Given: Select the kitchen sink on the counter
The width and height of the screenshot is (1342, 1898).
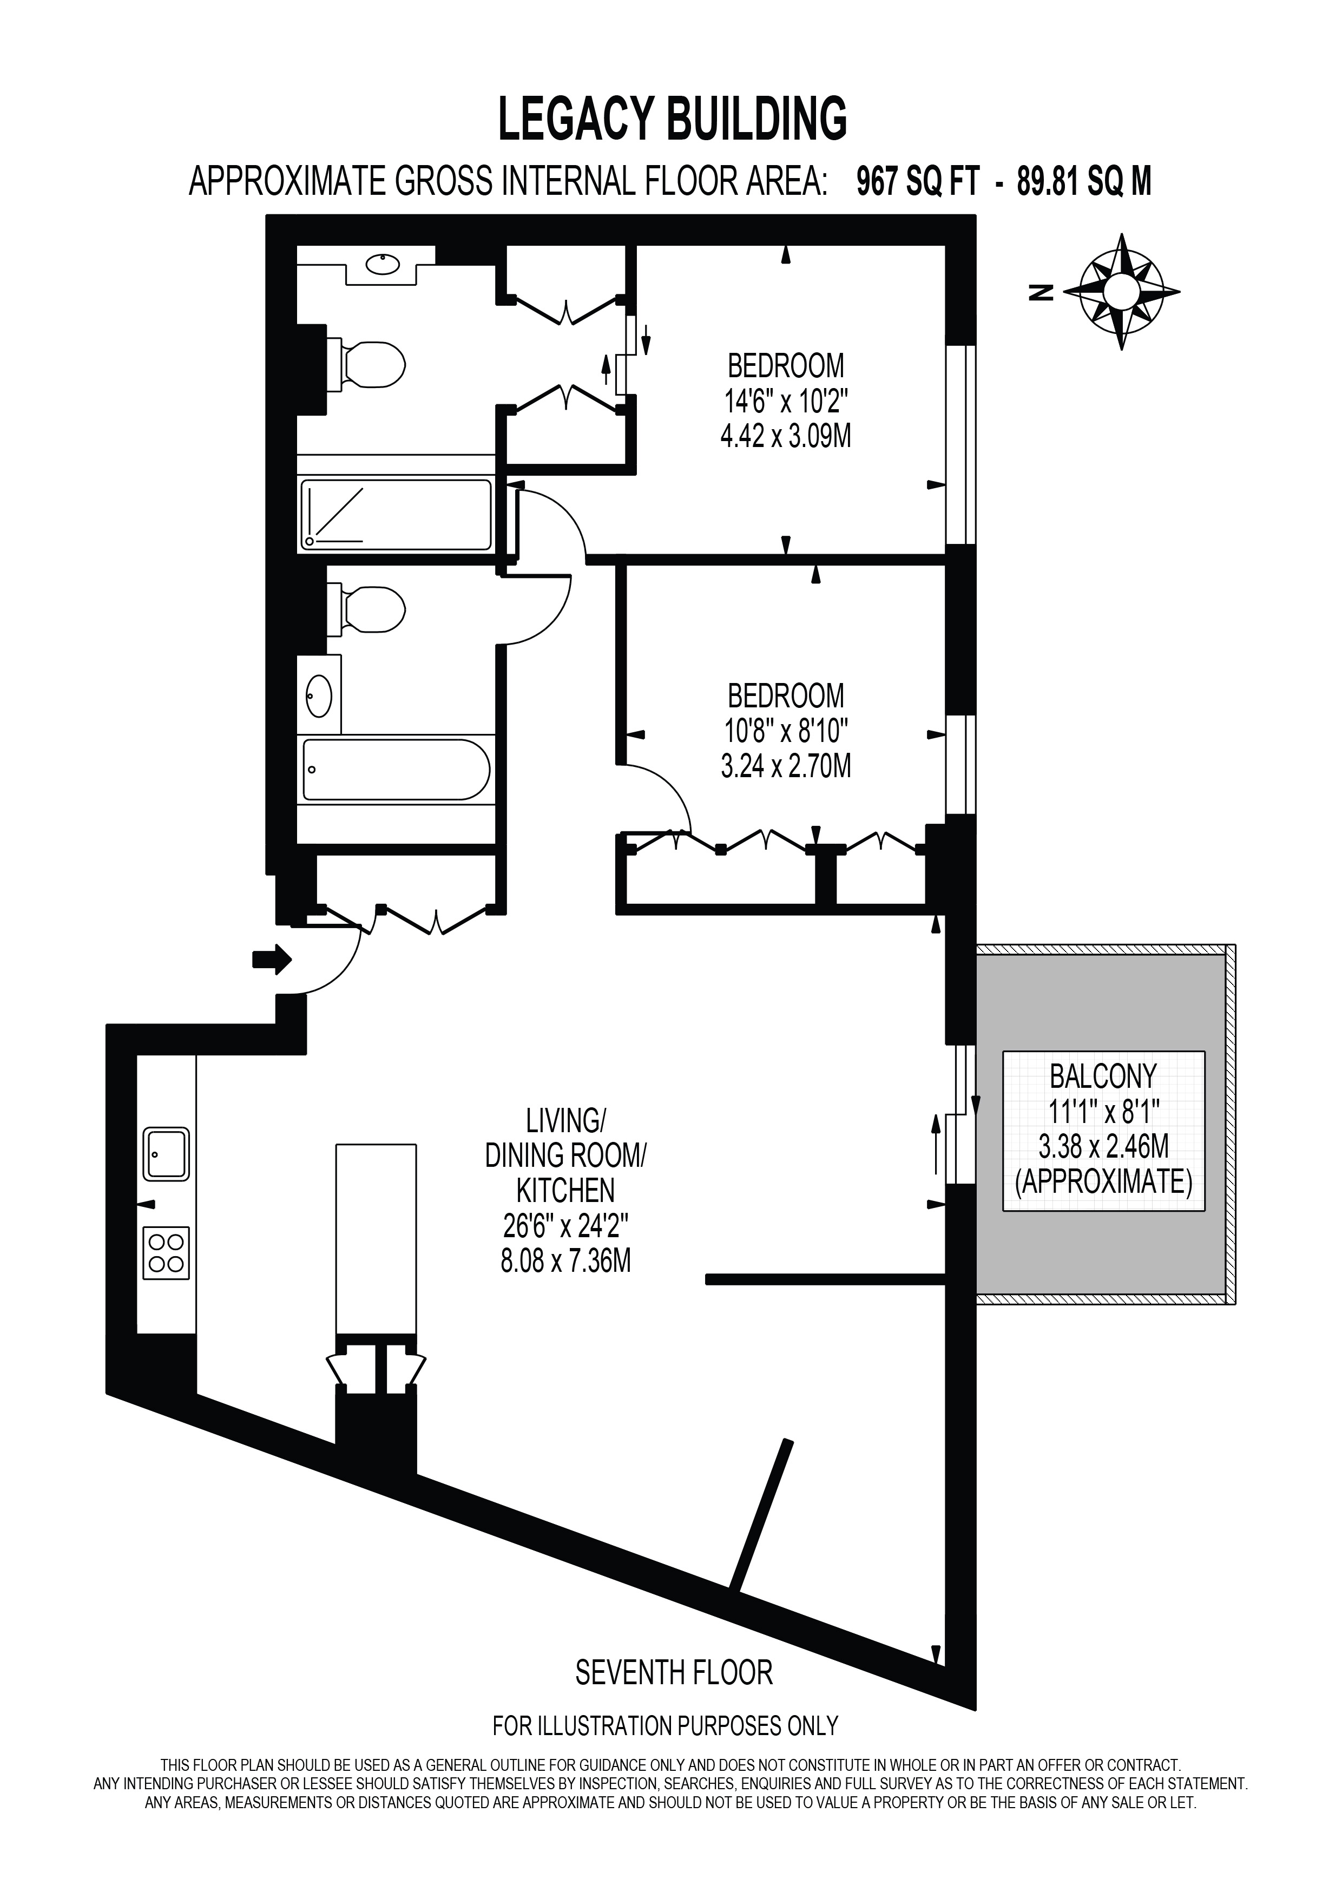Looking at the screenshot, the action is tap(166, 1154).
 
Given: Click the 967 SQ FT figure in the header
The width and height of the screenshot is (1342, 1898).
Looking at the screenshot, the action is tap(917, 181).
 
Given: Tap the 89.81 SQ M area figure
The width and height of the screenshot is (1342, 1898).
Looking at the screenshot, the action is tap(1084, 181).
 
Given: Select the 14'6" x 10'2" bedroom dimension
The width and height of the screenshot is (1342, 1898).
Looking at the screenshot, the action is tap(786, 401).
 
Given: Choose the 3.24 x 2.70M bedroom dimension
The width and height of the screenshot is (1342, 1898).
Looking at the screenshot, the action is tap(786, 766).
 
